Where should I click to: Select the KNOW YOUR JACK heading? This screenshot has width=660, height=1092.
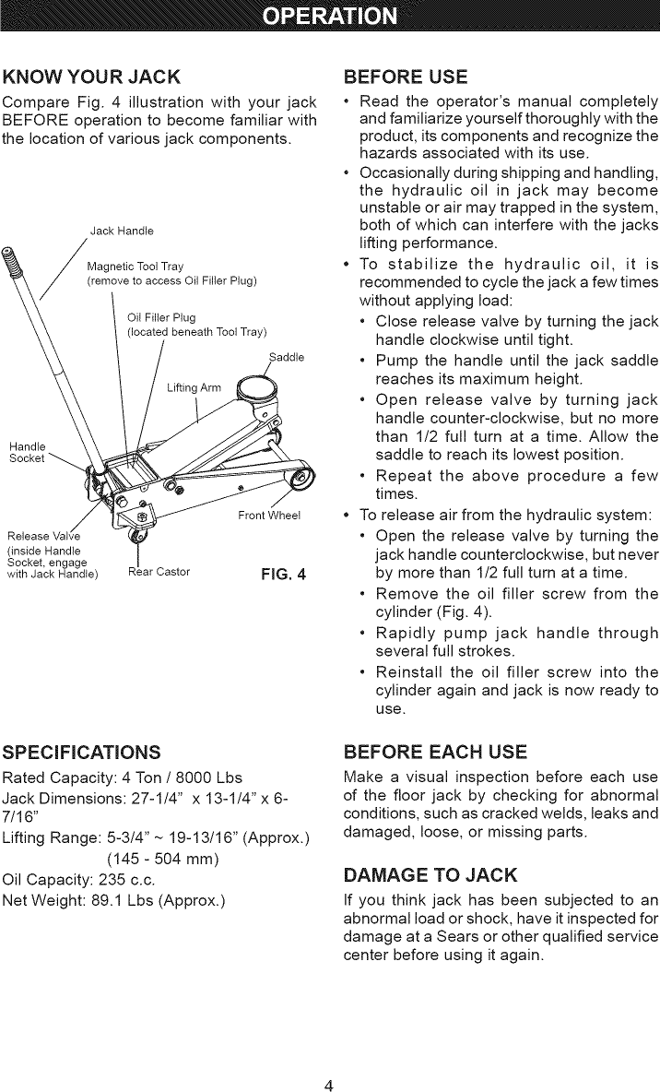(x=92, y=75)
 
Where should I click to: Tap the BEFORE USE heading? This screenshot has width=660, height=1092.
(x=405, y=75)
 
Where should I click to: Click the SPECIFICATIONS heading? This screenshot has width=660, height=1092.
(x=83, y=749)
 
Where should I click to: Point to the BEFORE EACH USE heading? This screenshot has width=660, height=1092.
(x=434, y=749)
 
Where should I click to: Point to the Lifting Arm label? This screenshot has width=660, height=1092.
(x=194, y=387)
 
